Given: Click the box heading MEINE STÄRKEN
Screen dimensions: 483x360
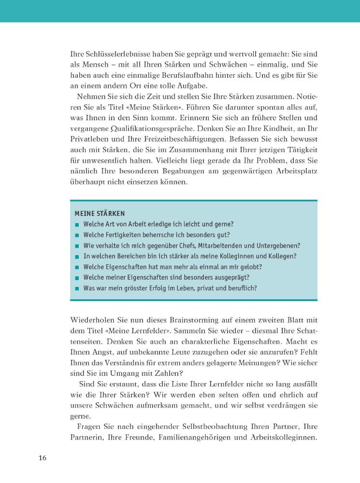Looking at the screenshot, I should point(100,213).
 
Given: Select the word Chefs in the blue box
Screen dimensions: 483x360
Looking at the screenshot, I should point(184,245).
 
